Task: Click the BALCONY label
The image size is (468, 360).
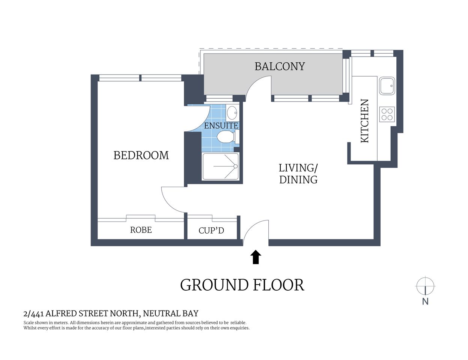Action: click(280, 66)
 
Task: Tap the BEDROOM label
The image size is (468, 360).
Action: click(141, 155)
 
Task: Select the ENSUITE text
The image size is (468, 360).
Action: click(221, 126)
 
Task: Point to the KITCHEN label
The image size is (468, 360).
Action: click(365, 121)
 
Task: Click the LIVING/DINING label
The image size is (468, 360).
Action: click(298, 174)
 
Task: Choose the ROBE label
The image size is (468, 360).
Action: click(141, 230)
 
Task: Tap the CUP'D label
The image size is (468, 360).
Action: click(211, 230)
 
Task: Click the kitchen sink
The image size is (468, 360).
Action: click(387, 86)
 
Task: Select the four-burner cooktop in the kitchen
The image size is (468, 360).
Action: click(387, 114)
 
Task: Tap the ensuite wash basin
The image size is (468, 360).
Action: click(232, 112)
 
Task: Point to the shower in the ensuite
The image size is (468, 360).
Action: click(221, 166)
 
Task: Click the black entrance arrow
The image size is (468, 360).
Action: click(256, 257)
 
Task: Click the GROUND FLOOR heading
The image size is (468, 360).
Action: click(242, 285)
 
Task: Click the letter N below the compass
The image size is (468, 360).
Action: click(425, 301)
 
